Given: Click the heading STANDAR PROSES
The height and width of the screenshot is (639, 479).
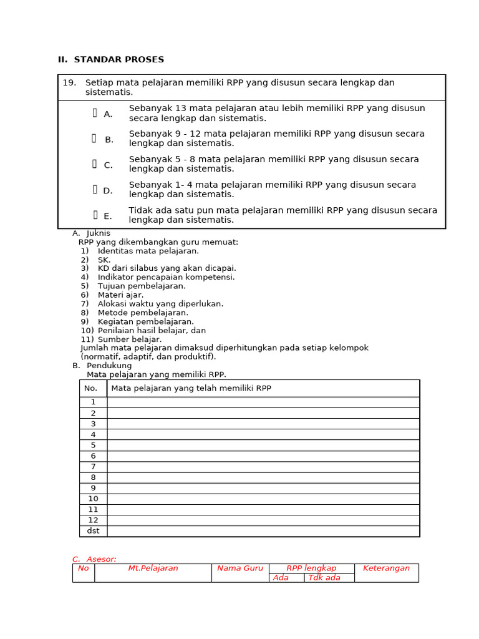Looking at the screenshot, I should (119, 60).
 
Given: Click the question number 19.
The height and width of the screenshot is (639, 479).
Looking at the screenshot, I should (69, 83).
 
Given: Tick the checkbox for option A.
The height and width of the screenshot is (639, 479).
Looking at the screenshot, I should (95, 113).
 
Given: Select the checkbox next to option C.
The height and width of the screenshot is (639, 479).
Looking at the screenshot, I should (95, 164).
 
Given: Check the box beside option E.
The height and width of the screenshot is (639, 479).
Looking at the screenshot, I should (95, 215).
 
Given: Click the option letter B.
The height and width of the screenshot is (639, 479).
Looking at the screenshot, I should (109, 140).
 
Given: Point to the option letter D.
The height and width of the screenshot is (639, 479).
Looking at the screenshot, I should (109, 191).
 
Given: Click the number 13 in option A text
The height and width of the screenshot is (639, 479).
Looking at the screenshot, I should (181, 109).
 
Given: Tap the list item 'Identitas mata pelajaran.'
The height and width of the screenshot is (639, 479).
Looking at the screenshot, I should (148, 251).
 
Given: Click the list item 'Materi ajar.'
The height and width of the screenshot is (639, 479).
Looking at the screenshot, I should (120, 295).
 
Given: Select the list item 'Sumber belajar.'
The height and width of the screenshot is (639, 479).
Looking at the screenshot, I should (129, 339).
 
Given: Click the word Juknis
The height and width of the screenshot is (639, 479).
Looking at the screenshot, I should (99, 233).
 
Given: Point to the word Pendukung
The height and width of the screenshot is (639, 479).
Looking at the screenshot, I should (109, 366).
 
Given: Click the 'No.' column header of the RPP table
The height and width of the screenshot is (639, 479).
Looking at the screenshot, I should (91, 388).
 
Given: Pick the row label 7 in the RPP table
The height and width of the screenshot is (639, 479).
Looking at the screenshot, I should (93, 467).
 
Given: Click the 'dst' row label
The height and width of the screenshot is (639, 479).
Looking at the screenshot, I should (93, 531).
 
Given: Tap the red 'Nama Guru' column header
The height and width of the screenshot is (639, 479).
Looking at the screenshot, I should (240, 568).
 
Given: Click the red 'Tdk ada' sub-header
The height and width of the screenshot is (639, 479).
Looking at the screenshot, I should (324, 578).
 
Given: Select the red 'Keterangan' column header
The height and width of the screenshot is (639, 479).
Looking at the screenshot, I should (386, 568).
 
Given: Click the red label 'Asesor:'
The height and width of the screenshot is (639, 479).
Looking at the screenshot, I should (102, 559).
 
